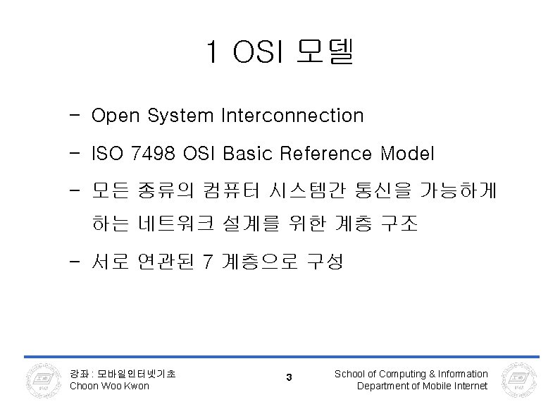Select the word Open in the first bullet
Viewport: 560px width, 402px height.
click(x=114, y=116)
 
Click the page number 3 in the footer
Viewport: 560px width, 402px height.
click(x=289, y=379)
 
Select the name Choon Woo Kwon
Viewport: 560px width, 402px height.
click(x=110, y=386)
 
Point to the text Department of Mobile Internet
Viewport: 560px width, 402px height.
click(x=422, y=386)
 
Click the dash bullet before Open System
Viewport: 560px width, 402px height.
click(x=75, y=116)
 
